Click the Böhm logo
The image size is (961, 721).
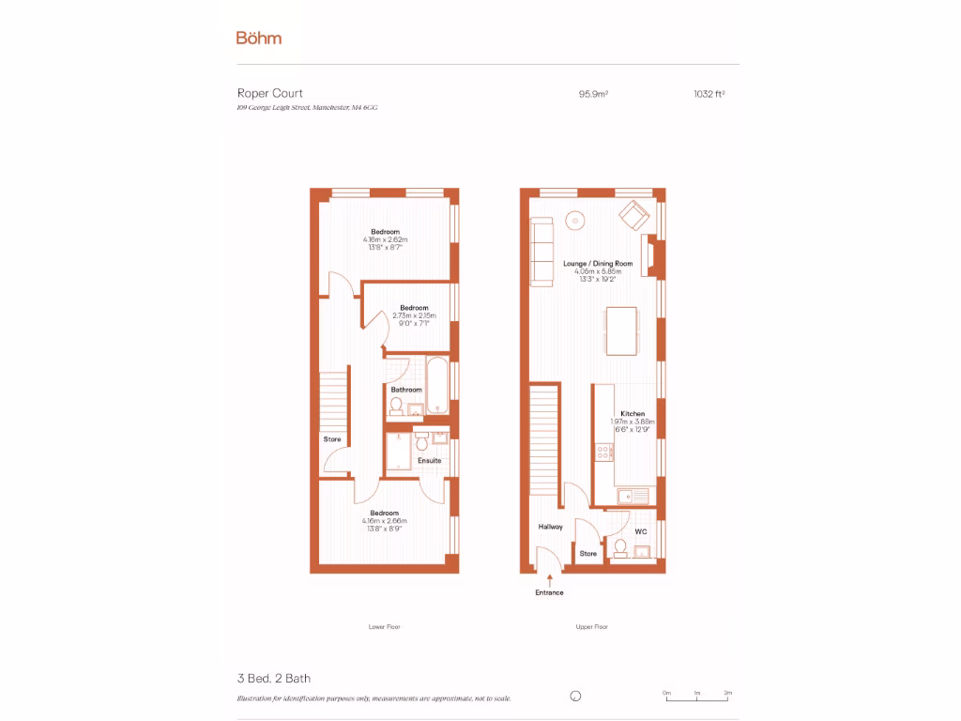pos(258,38)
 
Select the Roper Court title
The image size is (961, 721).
pos(269,94)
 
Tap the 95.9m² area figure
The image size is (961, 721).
pos(594,94)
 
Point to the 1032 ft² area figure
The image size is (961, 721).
pos(709,94)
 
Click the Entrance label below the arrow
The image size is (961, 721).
pos(550,593)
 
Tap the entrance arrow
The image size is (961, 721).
pos(550,581)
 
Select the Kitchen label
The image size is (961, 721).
pos(633,414)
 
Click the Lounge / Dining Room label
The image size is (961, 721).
pos(598,264)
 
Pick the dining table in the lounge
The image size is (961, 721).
pos(621,330)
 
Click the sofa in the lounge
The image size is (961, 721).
pos(542,251)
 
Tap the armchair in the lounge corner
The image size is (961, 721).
pos(634,216)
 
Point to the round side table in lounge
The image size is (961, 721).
pos(575,220)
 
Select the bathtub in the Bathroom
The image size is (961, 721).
pos(438,384)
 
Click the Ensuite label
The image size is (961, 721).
pos(430,460)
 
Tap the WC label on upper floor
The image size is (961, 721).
pos(641,531)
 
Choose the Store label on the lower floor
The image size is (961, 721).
pos(332,439)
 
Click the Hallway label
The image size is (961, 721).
pos(551,527)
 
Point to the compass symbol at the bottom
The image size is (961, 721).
pos(576,696)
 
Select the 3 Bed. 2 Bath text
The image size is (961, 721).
pos(273,678)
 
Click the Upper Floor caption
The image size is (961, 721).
pos(592,626)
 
